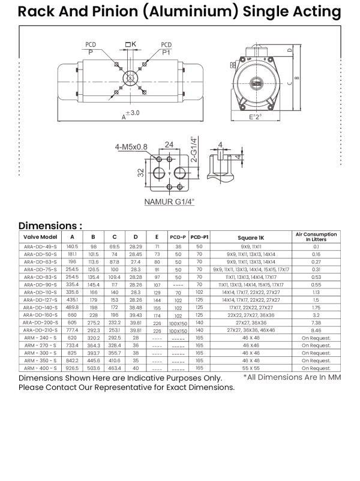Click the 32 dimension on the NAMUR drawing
point(140,174)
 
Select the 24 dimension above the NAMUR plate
point(169,145)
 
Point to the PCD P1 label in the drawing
point(166,49)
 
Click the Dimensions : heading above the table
point(50,226)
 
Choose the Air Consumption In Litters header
point(316,236)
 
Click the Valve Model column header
point(40,238)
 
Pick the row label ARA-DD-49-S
point(40,246)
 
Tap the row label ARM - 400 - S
point(40,368)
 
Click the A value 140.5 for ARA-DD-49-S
point(72,246)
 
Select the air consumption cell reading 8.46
point(316,330)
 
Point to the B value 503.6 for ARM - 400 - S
point(93,368)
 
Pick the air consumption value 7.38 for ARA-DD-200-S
point(316,322)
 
